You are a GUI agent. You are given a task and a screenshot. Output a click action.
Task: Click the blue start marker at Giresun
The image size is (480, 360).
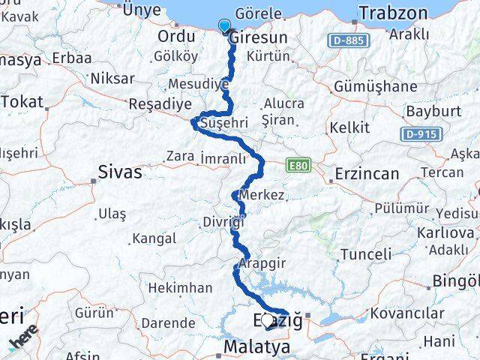tap(224, 27)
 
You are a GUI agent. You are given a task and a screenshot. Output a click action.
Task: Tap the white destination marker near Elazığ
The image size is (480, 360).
tap(267, 321)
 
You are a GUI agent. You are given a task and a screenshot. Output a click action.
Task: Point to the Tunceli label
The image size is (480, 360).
tap(366, 253)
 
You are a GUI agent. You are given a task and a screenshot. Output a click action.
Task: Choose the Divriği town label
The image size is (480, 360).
tap(223, 222)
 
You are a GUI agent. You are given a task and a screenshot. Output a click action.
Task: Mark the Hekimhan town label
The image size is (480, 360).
tap(179, 287)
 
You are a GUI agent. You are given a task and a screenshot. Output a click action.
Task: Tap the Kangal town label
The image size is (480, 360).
tap(153, 239)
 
